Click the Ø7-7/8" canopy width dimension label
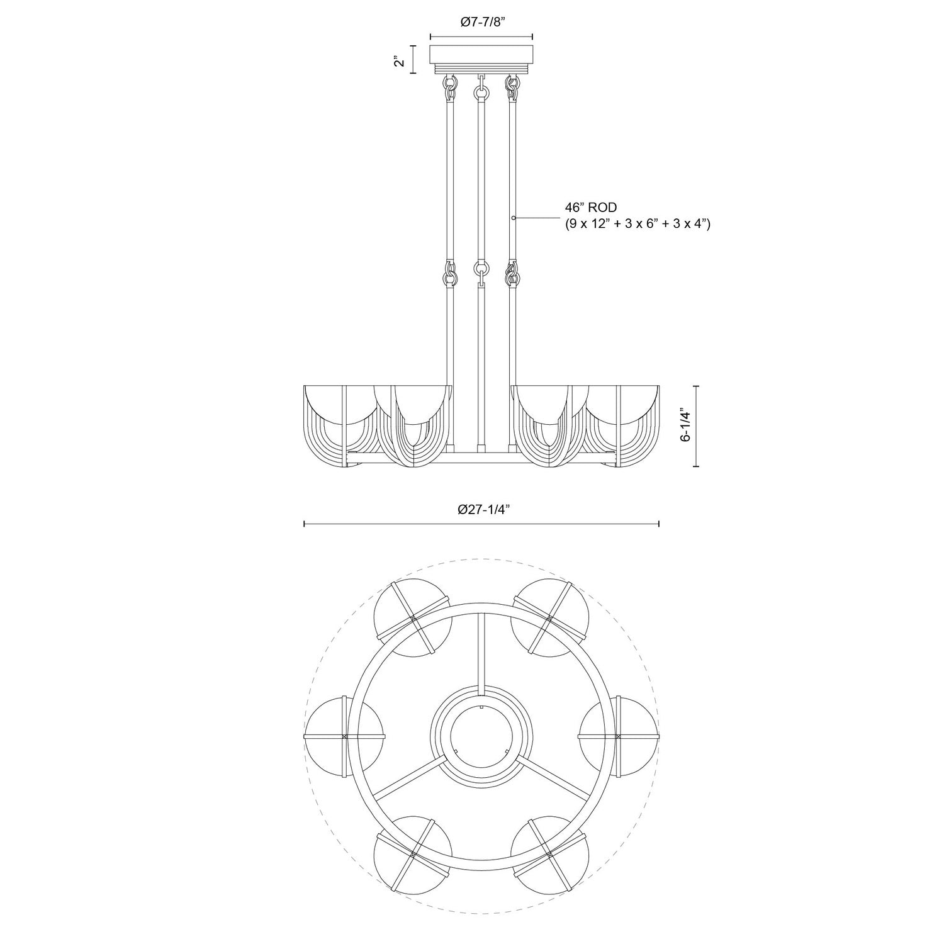point(481,22)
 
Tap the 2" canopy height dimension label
point(397,60)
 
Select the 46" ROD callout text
point(590,206)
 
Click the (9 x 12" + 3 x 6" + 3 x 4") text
point(637,223)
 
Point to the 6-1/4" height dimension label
point(685,426)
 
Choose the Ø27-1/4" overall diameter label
point(483,509)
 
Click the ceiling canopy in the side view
point(481,55)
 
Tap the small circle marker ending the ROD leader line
point(514,218)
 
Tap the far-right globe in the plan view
point(619,736)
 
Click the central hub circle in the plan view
point(481,736)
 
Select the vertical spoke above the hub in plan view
point(481,651)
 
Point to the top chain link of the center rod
point(481,92)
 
